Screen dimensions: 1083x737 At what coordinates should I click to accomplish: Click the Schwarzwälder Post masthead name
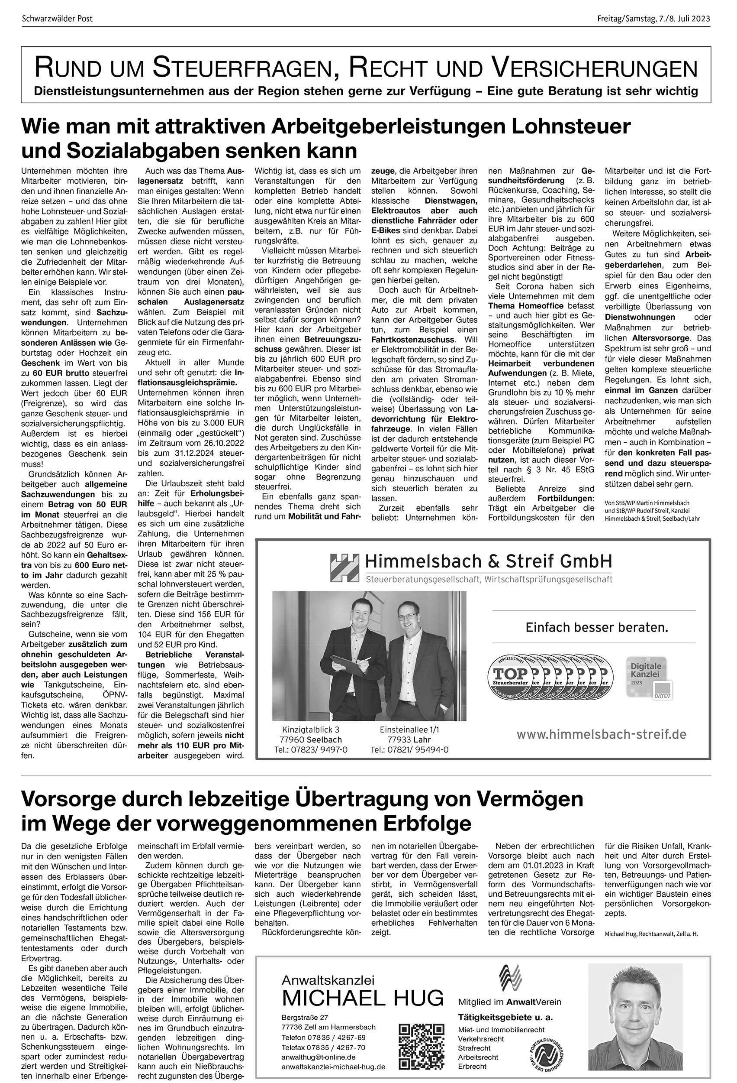pos(57,19)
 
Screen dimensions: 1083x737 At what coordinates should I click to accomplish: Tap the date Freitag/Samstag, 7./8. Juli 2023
pos(653,19)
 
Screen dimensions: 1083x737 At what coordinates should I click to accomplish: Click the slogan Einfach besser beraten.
pos(596,627)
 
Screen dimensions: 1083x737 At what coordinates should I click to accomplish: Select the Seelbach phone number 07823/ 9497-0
pos(311,749)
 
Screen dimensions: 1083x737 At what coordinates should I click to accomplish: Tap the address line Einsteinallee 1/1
pos(409,730)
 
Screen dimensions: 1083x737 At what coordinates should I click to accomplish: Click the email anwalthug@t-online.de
pos(319,1044)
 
